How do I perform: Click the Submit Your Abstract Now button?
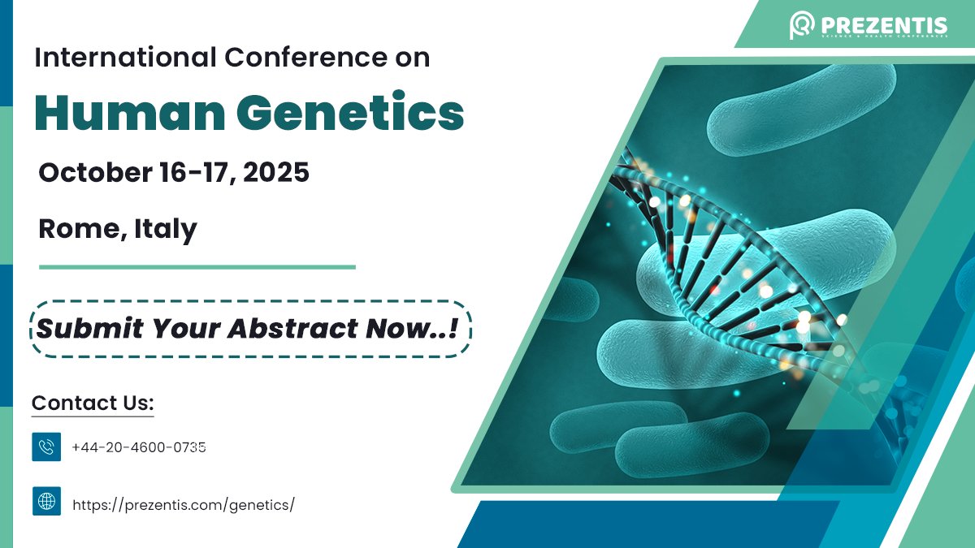pos(251,329)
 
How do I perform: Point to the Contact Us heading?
pos(93,403)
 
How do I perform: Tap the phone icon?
pos(46,447)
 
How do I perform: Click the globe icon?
pos(46,501)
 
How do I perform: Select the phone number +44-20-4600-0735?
pos(138,447)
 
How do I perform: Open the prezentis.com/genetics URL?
pos(183,505)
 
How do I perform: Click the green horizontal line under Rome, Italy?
pos(197,266)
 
